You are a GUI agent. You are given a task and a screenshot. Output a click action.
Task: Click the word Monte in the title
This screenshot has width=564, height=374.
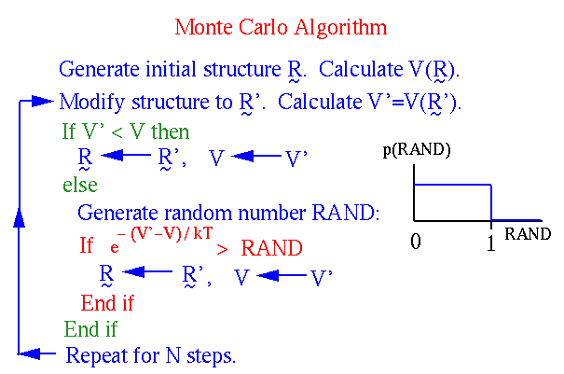click(x=203, y=27)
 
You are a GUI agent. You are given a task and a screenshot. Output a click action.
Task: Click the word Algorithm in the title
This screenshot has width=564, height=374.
click(x=340, y=28)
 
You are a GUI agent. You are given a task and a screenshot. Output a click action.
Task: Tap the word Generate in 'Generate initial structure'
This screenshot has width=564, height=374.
click(x=99, y=69)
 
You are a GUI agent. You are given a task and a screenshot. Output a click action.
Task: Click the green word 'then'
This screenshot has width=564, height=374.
click(x=171, y=132)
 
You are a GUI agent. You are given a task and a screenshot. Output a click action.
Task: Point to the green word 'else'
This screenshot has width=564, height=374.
click(x=80, y=185)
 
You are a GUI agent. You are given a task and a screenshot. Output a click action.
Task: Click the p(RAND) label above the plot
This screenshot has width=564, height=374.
click(x=417, y=150)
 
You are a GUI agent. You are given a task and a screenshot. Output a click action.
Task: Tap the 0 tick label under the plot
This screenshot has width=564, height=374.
click(x=416, y=241)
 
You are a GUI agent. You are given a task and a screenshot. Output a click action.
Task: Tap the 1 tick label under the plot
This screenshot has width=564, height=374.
click(x=491, y=242)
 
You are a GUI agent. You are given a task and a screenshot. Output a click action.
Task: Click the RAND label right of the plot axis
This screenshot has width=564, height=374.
click(x=528, y=234)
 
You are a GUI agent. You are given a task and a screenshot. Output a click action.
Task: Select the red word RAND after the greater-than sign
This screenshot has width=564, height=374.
click(x=271, y=248)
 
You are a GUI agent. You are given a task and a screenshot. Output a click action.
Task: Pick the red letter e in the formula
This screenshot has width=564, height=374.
click(x=115, y=248)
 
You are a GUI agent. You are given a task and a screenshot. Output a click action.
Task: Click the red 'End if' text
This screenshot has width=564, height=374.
click(x=107, y=303)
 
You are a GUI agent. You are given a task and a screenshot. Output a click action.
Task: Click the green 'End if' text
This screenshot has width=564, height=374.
click(x=90, y=329)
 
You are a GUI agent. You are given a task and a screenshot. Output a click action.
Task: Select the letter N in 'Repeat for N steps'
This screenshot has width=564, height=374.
click(x=172, y=355)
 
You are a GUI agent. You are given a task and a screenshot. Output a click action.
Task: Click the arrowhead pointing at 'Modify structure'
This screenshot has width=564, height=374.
click(x=43, y=101)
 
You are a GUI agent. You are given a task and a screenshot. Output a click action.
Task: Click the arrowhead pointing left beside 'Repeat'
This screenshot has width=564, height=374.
click(x=30, y=353)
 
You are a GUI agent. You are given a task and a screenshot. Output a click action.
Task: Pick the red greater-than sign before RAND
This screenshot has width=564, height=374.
click(x=222, y=249)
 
